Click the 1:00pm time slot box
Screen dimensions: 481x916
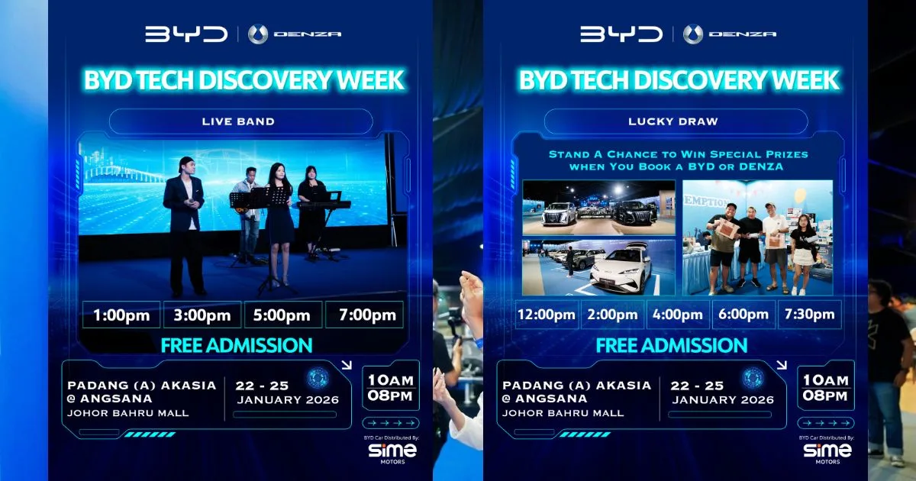click(121, 315)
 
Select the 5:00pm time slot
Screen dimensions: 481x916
click(282, 315)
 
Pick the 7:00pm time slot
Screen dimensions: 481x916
click(364, 315)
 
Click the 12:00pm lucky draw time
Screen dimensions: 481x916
click(547, 315)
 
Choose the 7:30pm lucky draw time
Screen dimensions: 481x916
click(809, 315)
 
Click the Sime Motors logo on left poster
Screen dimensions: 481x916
click(392, 451)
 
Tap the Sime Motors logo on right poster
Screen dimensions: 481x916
click(827, 451)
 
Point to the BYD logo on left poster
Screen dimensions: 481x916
click(186, 34)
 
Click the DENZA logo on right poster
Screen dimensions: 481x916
click(730, 34)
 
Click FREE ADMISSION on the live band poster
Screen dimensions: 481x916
click(237, 345)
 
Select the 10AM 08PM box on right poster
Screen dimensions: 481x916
click(825, 388)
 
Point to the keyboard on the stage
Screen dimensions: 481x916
click(323, 205)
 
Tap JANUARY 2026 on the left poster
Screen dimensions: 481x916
click(288, 399)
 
